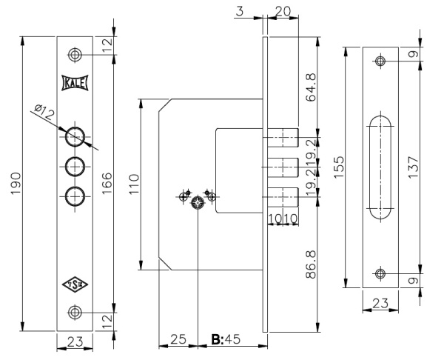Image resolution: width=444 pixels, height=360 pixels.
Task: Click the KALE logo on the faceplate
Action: pyautogui.click(x=74, y=83)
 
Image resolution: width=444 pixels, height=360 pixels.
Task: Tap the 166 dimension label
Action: pyautogui.click(x=107, y=182)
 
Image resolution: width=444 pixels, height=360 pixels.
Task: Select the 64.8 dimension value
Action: pyautogui.click(x=312, y=86)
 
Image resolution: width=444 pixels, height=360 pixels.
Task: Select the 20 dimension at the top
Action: pyautogui.click(x=281, y=11)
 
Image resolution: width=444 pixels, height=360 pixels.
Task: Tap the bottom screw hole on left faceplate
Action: pyautogui.click(x=74, y=312)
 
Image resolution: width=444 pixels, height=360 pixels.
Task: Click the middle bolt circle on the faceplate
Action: pyautogui.click(x=74, y=165)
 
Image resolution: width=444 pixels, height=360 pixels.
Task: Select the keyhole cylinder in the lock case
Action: pyautogui.click(x=197, y=204)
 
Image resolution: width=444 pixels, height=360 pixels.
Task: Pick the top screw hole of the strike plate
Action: pyautogui.click(x=380, y=61)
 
